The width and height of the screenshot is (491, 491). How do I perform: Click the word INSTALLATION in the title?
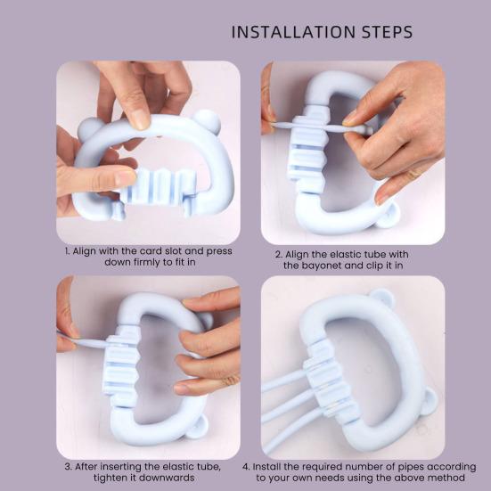(293, 32)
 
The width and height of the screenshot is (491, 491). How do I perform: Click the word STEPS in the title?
(388, 32)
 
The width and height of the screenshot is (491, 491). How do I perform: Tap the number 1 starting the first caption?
(67, 251)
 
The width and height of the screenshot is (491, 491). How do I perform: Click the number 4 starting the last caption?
(246, 467)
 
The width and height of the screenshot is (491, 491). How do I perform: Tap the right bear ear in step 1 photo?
(208, 120)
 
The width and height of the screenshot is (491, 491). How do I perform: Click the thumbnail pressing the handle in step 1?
(139, 119)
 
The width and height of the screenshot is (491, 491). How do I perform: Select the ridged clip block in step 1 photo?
(157, 187)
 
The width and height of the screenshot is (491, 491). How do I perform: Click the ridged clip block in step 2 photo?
(307, 151)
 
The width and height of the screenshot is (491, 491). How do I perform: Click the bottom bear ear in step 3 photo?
(199, 427)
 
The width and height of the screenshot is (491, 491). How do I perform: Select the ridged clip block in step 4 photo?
(331, 384)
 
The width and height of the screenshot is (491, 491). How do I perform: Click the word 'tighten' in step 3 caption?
(108, 478)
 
